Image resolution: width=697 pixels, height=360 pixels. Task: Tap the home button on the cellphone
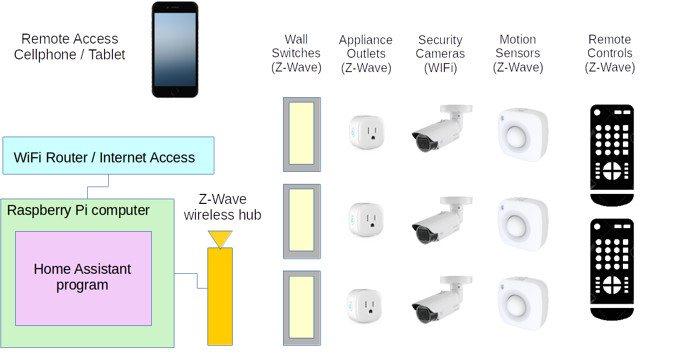tap(175, 91)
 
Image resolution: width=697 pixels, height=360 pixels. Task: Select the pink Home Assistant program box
tap(84, 278)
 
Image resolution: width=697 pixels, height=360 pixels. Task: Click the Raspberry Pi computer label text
tap(78, 210)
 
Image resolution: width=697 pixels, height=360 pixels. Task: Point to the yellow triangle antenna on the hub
tap(220, 239)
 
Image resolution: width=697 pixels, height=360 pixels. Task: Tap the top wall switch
tap(301, 134)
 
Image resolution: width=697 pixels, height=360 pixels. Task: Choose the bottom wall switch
tap(301, 307)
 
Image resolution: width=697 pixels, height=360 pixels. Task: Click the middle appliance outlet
tap(367, 221)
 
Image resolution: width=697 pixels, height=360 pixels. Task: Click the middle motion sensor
tap(523, 223)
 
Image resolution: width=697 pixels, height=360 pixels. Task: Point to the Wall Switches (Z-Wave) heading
tap(296, 53)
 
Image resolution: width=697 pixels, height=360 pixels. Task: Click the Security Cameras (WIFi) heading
tap(440, 54)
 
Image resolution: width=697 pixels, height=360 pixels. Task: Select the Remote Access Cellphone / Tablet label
tap(69, 47)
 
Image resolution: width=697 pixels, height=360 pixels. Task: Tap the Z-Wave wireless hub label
tap(223, 207)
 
